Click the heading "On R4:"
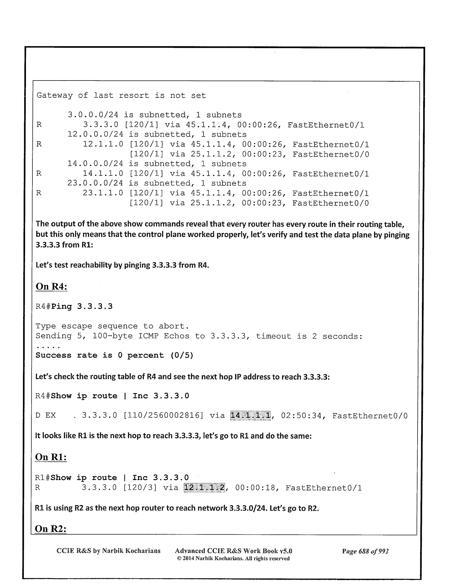point(52,286)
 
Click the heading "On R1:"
point(51,457)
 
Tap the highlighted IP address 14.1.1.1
point(250,416)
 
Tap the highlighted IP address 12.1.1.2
point(204,488)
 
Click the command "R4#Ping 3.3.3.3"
point(74,307)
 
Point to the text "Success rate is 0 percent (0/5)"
point(115,355)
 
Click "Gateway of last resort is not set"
point(121,96)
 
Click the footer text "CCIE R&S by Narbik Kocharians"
point(109,551)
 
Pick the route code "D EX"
point(46,416)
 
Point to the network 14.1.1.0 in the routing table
point(103,174)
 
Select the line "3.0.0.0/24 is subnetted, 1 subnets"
point(155,115)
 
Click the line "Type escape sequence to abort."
point(112,326)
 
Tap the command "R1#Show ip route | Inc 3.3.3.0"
point(112,478)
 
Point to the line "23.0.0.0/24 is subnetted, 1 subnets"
point(157,183)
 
